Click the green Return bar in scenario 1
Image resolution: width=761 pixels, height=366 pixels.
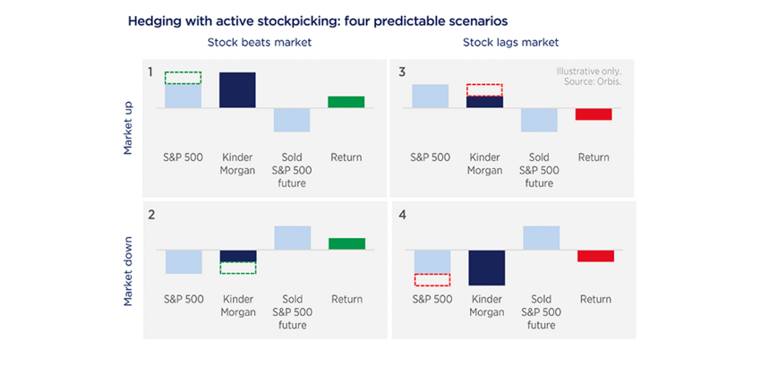(346, 102)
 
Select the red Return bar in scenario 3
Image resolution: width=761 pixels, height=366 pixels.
(593, 114)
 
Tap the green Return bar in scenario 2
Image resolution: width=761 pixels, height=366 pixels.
(346, 243)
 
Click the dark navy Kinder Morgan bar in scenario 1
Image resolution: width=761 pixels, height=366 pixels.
(237, 89)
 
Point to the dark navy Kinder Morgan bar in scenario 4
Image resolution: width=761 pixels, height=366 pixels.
(487, 268)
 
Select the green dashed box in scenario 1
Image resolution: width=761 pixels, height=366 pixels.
(183, 78)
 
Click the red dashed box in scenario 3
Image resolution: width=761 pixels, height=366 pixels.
(485, 90)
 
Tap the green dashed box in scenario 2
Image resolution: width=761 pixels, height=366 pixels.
(238, 267)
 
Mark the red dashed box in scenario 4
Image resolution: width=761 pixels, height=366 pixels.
(432, 279)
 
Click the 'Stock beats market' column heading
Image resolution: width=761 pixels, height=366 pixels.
(252, 42)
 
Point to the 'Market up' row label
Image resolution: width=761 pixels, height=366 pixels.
(128, 129)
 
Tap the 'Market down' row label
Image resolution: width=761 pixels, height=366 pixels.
(128, 271)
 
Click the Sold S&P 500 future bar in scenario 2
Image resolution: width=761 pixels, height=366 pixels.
(292, 237)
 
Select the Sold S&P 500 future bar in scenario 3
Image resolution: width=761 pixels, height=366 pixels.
(540, 120)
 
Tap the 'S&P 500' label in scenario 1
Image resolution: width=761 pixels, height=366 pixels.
(184, 157)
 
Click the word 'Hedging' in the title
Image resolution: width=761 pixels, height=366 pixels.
(153, 19)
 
